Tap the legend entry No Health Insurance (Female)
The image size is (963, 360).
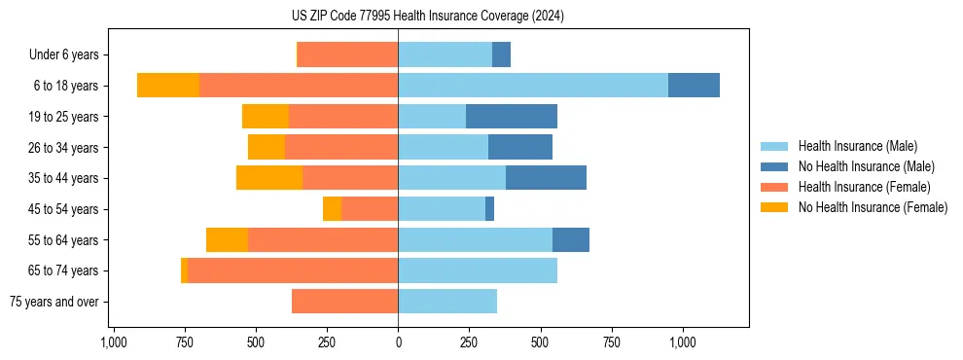pos(873,207)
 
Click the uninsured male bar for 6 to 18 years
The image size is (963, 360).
pos(694,86)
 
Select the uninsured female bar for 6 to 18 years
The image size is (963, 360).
pos(168,86)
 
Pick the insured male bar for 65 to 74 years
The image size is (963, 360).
pos(478,270)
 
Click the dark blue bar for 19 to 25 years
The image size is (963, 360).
pos(512,117)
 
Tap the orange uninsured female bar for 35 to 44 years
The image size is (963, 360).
pos(269,178)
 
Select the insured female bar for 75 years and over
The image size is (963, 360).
pos(344,302)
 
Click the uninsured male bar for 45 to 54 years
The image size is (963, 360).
pos(489,209)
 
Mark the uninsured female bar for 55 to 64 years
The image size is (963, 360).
pos(227,239)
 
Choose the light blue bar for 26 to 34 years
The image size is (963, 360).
pos(443,147)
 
